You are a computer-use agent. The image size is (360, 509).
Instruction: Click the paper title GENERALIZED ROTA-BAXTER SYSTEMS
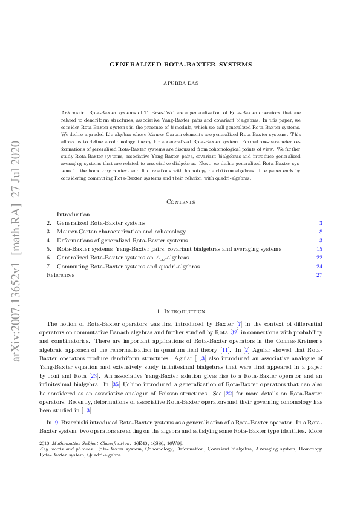tap(180, 64)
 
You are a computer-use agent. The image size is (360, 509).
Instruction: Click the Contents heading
tap(180, 184)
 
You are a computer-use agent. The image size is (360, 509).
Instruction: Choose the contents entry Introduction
tap(73, 198)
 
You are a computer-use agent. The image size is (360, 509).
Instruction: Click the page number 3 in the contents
tap(321, 206)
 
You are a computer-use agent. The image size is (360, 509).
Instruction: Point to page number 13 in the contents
tap(319, 223)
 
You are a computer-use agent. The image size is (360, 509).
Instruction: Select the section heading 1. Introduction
tap(180, 311)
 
